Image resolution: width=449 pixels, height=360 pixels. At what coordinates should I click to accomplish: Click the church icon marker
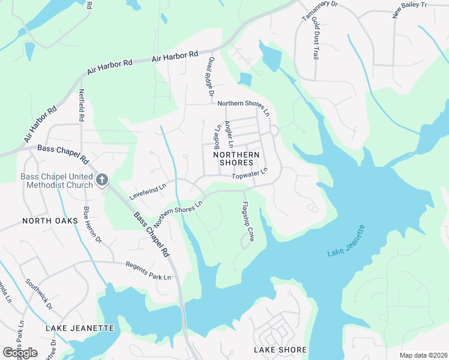coord(102,179)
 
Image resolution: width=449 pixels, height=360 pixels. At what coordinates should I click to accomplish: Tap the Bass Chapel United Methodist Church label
coord(56,181)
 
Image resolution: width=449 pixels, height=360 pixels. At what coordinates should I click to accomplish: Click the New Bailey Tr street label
coord(409,10)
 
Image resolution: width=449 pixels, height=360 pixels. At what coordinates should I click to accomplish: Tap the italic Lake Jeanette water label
coord(346,241)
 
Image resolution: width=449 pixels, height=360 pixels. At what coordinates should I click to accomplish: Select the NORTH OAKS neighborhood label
coord(50,221)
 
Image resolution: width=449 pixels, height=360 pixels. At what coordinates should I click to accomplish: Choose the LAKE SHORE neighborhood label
coord(280,349)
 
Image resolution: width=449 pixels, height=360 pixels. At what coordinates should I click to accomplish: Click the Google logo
coord(20,352)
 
